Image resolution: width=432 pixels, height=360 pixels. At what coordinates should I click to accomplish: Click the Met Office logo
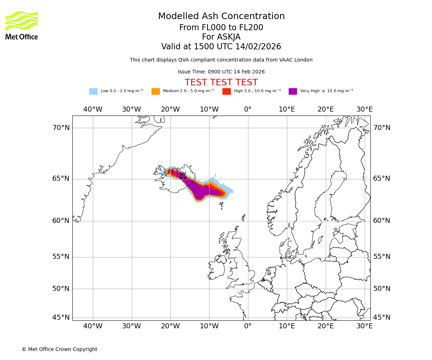(22, 25)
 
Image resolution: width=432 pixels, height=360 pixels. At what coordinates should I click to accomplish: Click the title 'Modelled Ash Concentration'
(221, 17)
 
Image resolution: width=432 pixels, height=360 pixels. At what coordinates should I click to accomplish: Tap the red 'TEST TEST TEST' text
(221, 82)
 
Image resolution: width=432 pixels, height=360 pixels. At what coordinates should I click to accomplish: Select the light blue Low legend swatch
(93, 91)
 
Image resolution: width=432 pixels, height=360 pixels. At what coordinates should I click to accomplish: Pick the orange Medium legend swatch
(156, 91)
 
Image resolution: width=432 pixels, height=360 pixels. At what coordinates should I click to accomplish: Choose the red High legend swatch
(226, 91)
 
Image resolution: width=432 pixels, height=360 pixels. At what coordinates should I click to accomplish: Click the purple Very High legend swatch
(293, 91)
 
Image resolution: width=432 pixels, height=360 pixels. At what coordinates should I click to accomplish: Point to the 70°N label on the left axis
(61, 128)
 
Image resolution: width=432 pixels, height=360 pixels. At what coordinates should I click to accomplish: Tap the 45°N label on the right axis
(382, 318)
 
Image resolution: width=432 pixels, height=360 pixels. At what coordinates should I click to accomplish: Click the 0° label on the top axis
(248, 109)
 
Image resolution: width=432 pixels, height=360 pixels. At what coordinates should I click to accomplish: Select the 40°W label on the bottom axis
(93, 326)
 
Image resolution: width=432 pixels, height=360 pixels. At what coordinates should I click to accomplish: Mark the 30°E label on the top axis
(364, 109)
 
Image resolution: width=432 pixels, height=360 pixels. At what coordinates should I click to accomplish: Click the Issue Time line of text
(221, 72)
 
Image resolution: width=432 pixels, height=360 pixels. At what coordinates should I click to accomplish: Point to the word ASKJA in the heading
(229, 37)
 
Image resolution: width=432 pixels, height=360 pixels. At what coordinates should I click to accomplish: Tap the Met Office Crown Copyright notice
(59, 350)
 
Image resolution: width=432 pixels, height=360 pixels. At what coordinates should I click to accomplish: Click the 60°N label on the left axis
(61, 221)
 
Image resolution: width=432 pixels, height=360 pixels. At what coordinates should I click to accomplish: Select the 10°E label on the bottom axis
(287, 326)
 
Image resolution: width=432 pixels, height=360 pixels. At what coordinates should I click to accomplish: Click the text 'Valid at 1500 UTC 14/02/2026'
(221, 47)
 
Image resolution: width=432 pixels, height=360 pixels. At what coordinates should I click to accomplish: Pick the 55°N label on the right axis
(382, 257)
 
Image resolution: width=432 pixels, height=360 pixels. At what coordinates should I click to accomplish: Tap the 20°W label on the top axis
(170, 109)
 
